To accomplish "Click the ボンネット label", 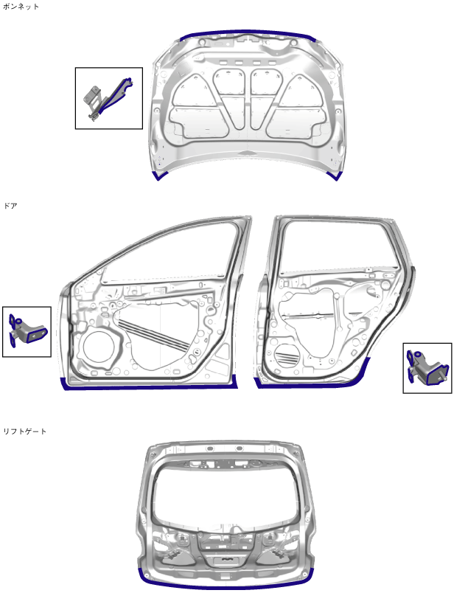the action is [21, 6].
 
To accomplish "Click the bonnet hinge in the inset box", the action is [108, 98].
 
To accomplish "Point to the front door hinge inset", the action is [27, 332].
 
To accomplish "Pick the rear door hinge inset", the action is [427, 367].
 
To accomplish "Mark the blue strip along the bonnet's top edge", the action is [247, 33].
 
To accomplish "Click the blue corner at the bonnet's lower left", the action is [159, 176].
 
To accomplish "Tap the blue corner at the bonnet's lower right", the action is [335, 176].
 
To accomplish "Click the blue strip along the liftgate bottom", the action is [227, 585].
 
